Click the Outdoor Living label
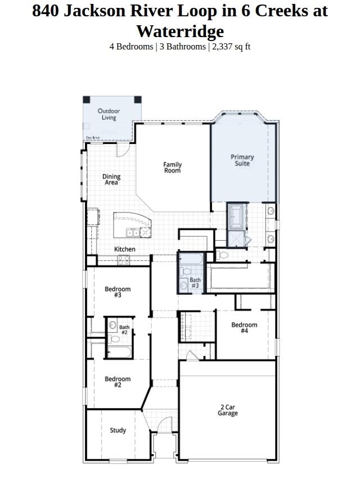click(x=109, y=114)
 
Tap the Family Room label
click(x=173, y=168)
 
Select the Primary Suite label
click(x=242, y=160)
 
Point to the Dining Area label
click(x=111, y=179)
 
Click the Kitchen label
click(x=125, y=249)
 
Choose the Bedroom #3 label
click(x=118, y=292)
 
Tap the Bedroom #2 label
click(x=118, y=382)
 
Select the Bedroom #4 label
click(x=244, y=328)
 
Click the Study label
click(x=118, y=430)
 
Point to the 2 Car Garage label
click(x=228, y=410)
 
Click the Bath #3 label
click(x=195, y=283)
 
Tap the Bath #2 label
click(x=124, y=330)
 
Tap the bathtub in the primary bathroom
click(x=236, y=216)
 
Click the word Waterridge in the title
click(x=180, y=31)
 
